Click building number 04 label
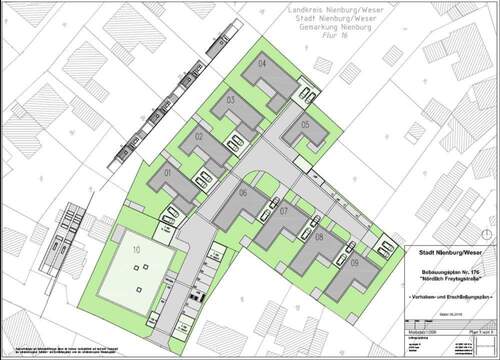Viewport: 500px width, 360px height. (261, 63)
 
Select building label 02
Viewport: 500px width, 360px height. (198, 136)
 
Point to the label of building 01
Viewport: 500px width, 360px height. (168, 172)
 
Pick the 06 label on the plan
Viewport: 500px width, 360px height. (242, 193)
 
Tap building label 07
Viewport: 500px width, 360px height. (284, 211)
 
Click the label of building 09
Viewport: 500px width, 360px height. (356, 263)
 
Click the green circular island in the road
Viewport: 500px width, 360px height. (259, 180)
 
